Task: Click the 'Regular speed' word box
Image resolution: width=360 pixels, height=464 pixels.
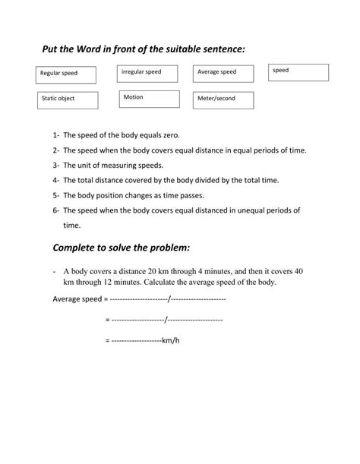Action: pos(67,74)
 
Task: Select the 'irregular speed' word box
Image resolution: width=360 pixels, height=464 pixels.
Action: pos(147,73)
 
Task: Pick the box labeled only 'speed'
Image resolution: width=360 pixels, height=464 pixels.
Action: pos(298,72)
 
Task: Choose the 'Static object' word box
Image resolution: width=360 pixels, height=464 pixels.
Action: pos(67,99)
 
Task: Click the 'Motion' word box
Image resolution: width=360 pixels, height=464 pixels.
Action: pos(149,99)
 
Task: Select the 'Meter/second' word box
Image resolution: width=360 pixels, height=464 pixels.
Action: pos(222,99)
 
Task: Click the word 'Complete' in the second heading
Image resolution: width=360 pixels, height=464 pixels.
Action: pos(80,248)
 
